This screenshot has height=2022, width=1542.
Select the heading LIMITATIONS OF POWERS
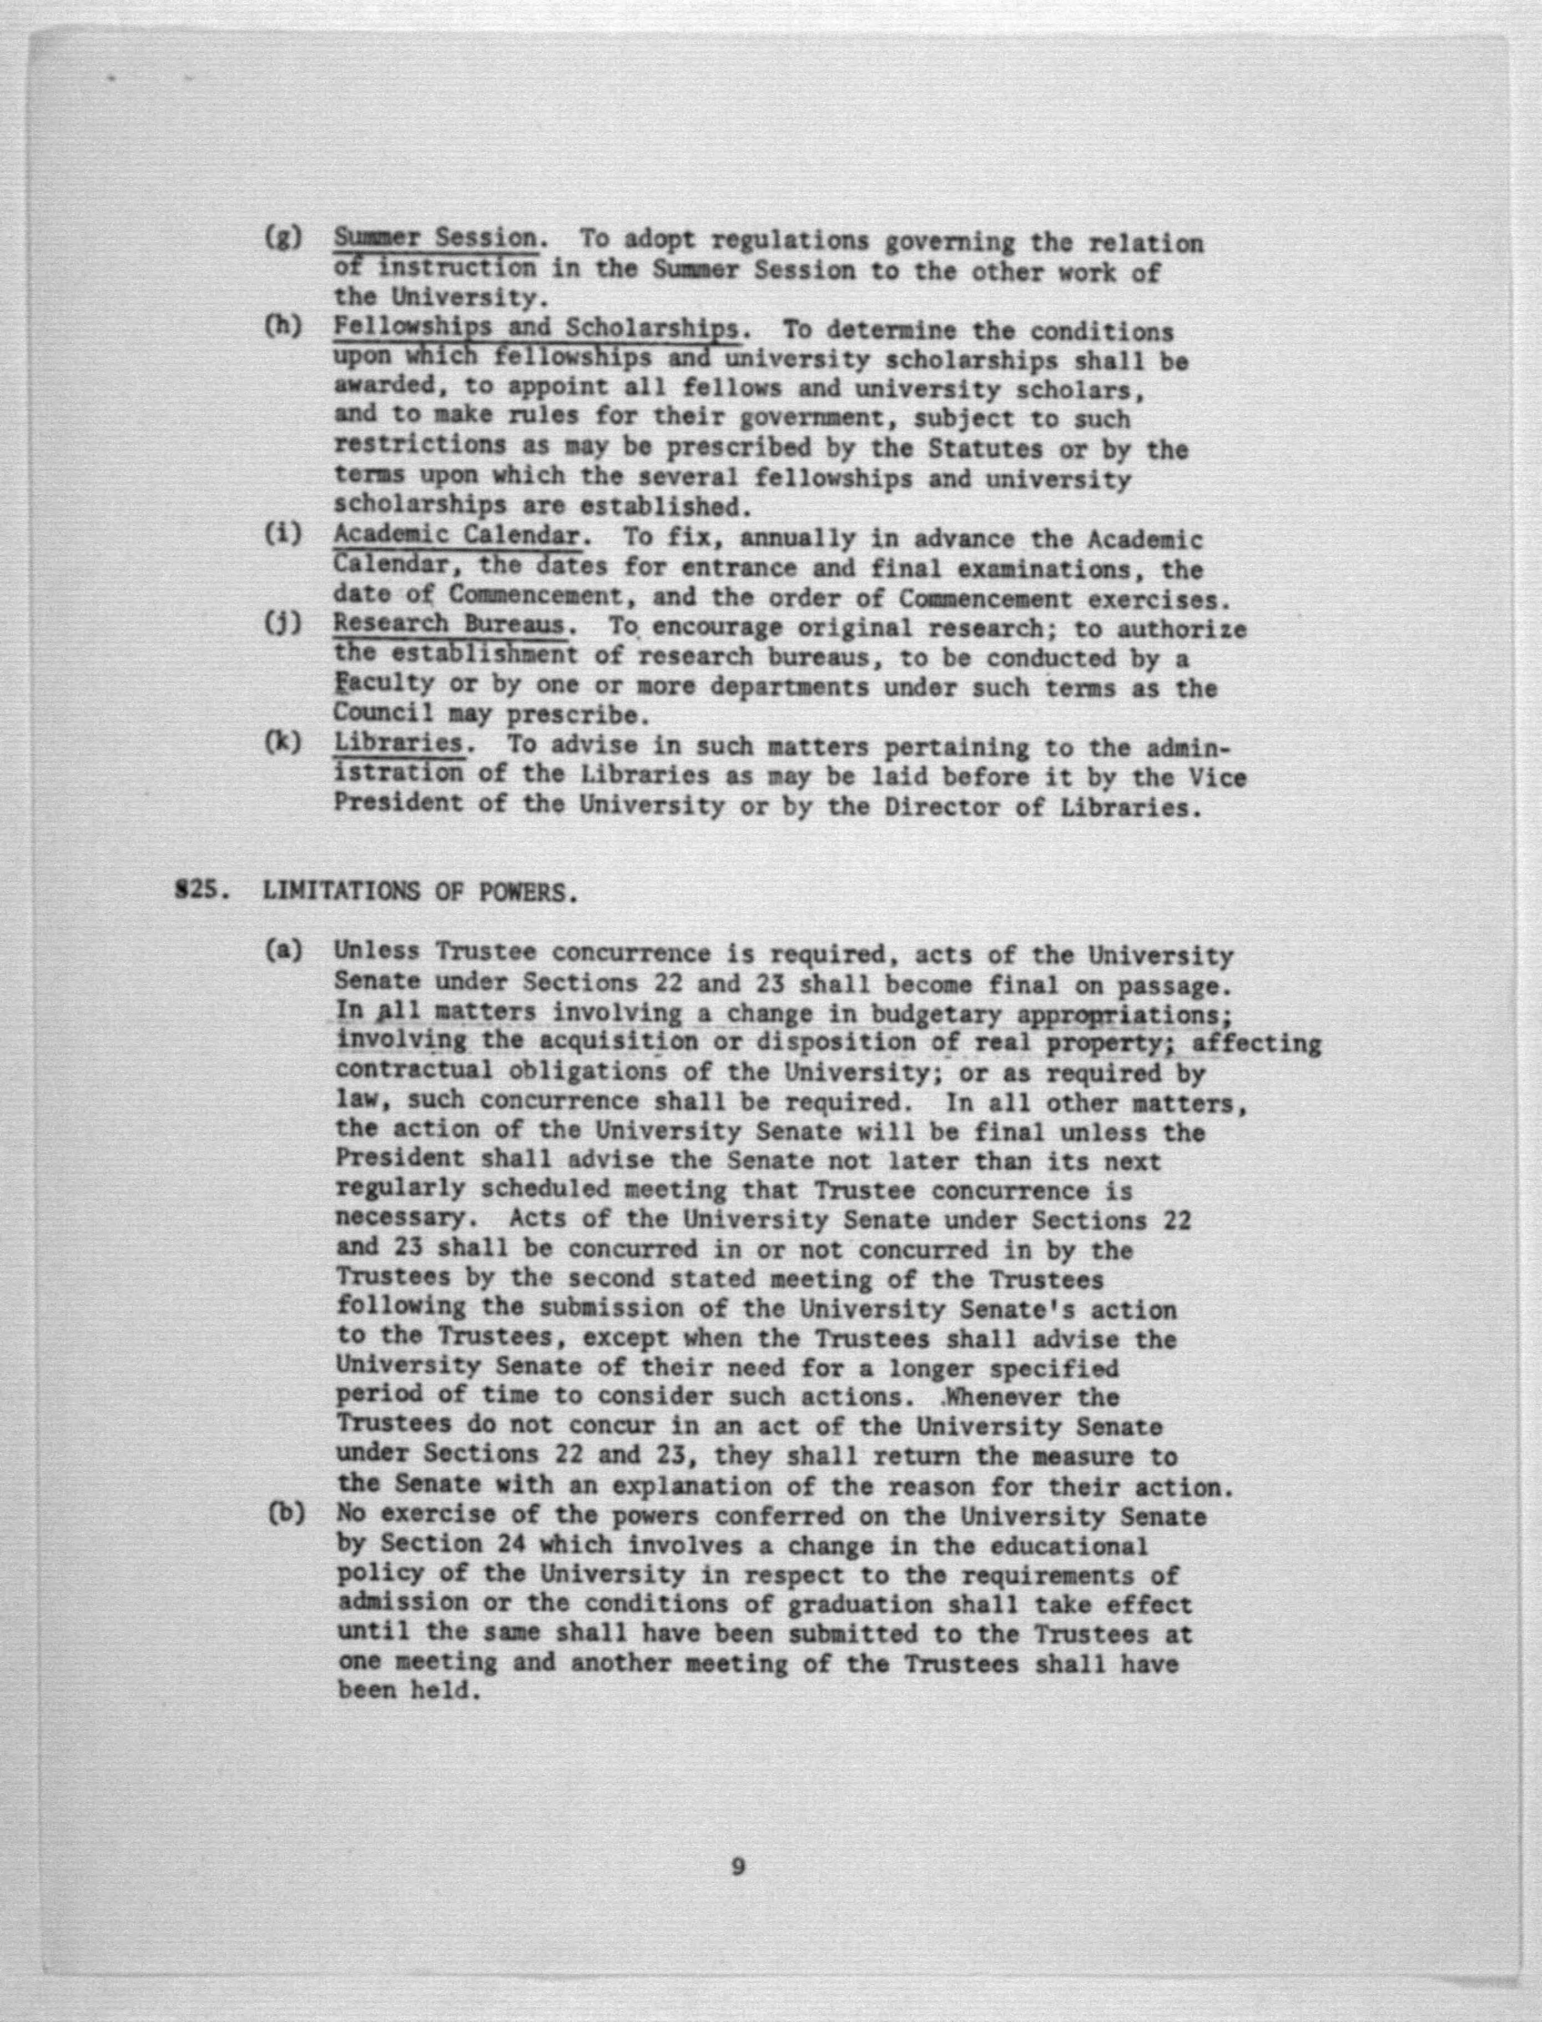pos(420,892)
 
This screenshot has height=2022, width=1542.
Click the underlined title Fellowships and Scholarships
pos(535,328)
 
